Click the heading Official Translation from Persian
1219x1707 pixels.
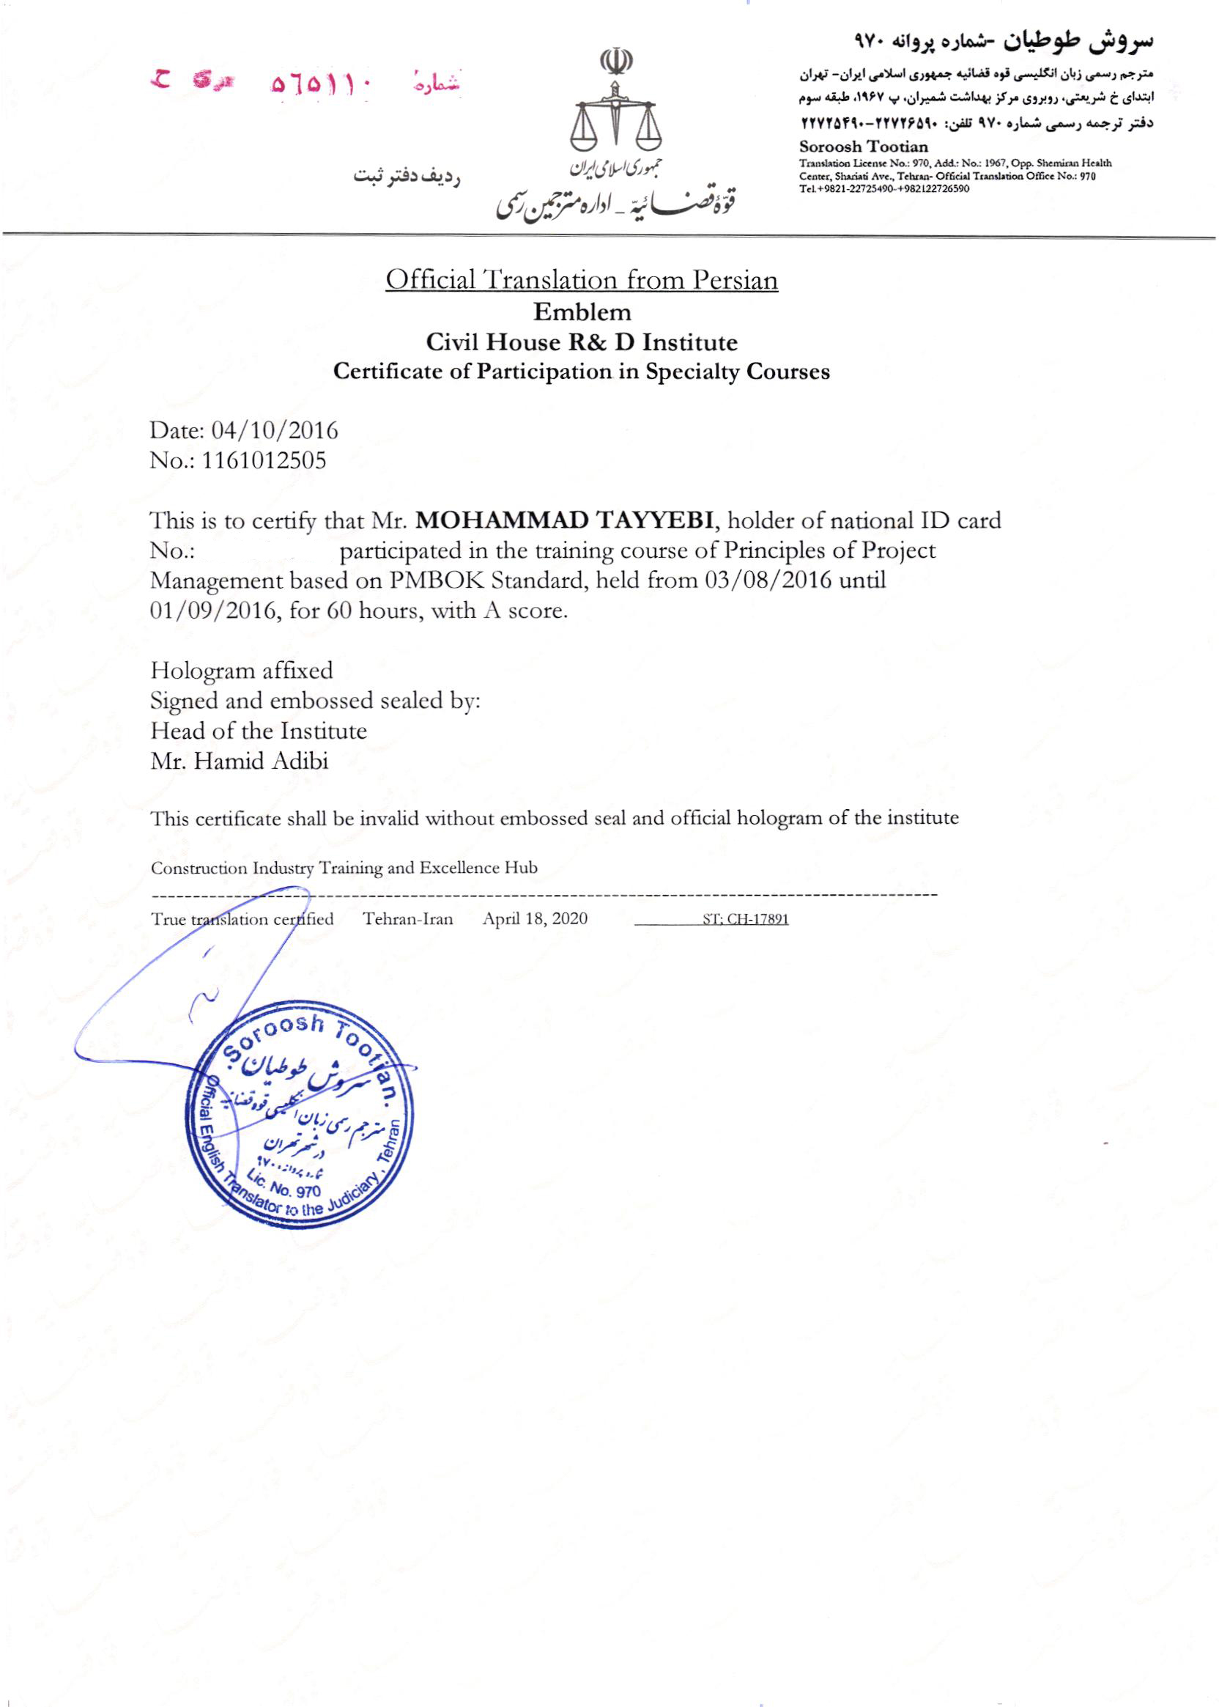[x=582, y=280]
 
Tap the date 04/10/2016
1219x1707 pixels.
[x=275, y=430]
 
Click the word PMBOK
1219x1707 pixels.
[x=434, y=580]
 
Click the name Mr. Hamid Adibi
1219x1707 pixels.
[x=240, y=762]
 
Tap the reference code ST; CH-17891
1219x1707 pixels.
[x=745, y=919]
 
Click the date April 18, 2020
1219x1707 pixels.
[x=536, y=919]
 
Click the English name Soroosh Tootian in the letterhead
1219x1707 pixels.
[x=863, y=147]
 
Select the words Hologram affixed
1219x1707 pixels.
[x=242, y=671]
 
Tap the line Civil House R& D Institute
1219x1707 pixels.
[x=582, y=342]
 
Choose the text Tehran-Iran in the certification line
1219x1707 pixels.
[x=408, y=919]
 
